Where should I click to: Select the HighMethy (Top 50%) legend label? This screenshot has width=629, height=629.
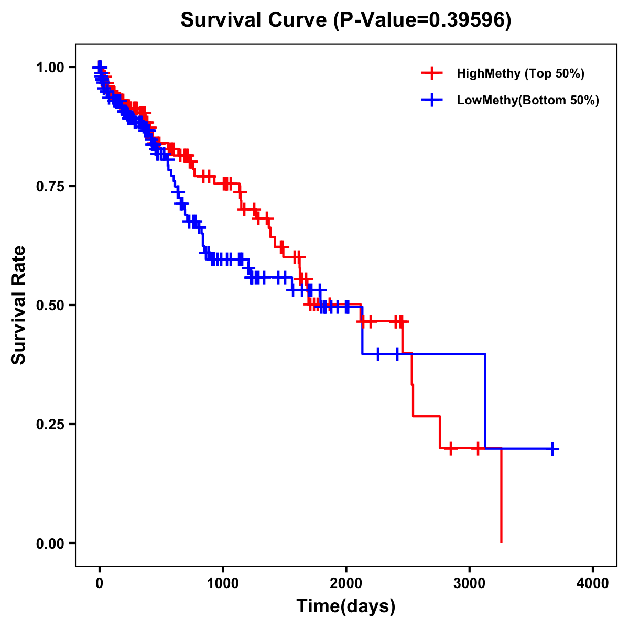click(x=520, y=73)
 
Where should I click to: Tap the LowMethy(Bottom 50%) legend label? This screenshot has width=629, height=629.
click(x=527, y=100)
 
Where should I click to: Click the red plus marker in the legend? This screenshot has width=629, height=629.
click(x=431, y=73)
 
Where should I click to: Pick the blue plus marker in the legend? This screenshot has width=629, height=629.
click(x=431, y=100)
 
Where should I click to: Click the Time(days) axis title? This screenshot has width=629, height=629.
click(x=346, y=606)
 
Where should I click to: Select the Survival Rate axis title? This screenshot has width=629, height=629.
click(x=19, y=305)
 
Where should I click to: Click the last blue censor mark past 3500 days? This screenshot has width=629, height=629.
click(x=552, y=449)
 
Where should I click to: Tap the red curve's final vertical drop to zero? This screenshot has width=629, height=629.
click(x=501, y=495)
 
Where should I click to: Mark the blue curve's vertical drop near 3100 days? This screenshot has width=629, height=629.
click(x=485, y=401)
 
